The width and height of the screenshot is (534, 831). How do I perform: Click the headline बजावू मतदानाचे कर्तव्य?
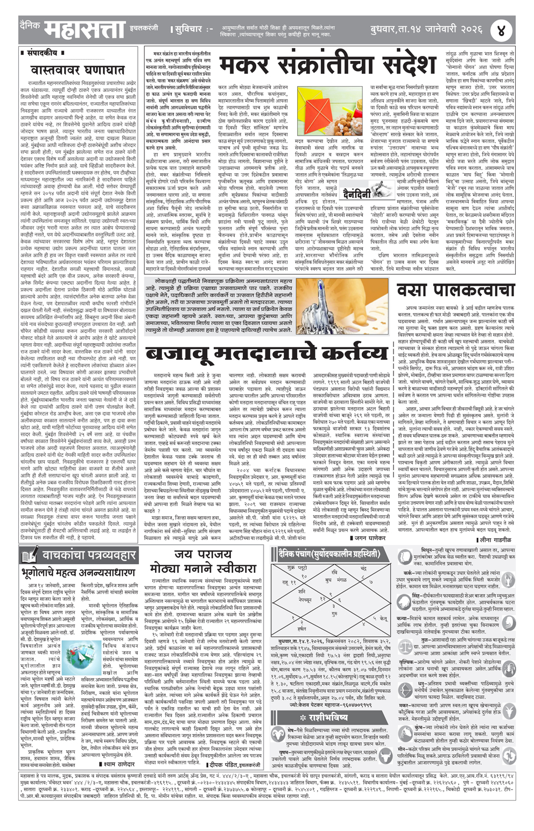pos(266,352)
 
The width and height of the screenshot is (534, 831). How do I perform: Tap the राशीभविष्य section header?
pos(331,717)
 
